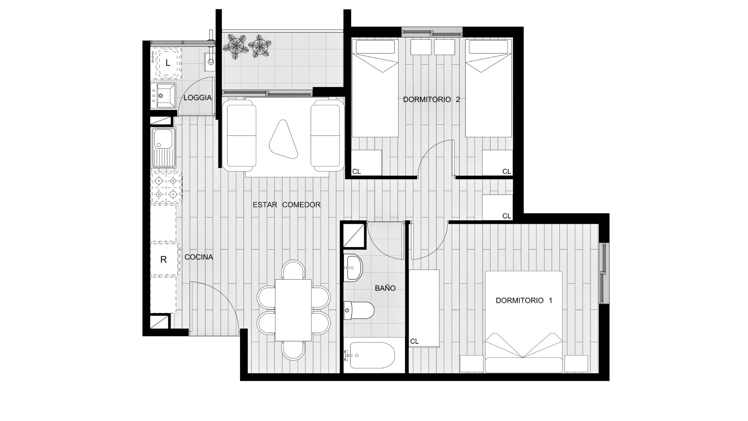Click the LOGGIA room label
click(x=198, y=98)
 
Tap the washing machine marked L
click(x=166, y=63)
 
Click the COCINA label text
click(x=199, y=257)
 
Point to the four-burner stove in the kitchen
click(x=166, y=188)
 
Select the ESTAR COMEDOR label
click(x=286, y=205)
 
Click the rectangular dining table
click(x=293, y=310)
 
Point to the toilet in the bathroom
click(x=359, y=310)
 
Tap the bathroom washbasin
click(x=353, y=267)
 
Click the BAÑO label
click(x=385, y=288)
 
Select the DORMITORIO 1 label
click(x=524, y=301)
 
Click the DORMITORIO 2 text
click(x=431, y=99)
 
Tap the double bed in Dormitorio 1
click(x=524, y=322)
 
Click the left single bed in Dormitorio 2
click(x=375, y=88)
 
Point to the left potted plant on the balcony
click(x=235, y=46)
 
